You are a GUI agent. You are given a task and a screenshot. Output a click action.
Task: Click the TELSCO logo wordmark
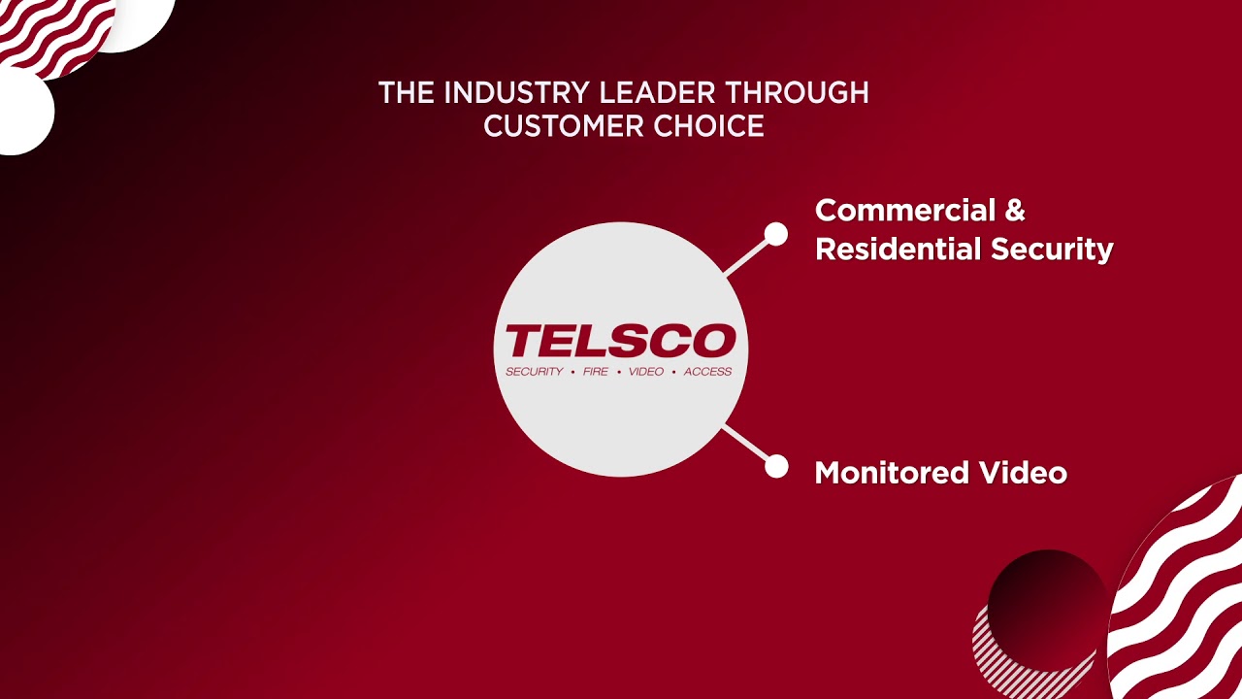(620, 342)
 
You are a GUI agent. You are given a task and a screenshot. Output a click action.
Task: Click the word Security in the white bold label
(1052, 250)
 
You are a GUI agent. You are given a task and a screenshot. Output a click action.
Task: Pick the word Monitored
(892, 473)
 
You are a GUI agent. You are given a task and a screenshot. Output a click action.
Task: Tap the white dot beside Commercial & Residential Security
(775, 234)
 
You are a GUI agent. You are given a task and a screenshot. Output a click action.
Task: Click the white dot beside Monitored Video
(776, 467)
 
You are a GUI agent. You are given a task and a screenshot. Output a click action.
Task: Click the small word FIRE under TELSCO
(595, 372)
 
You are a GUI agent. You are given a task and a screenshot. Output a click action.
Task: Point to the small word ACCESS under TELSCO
(707, 372)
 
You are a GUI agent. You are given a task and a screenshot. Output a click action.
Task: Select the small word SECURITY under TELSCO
(534, 372)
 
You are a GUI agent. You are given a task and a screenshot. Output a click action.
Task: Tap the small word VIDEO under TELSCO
(645, 372)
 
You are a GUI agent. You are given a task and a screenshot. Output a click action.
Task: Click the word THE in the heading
(401, 93)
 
